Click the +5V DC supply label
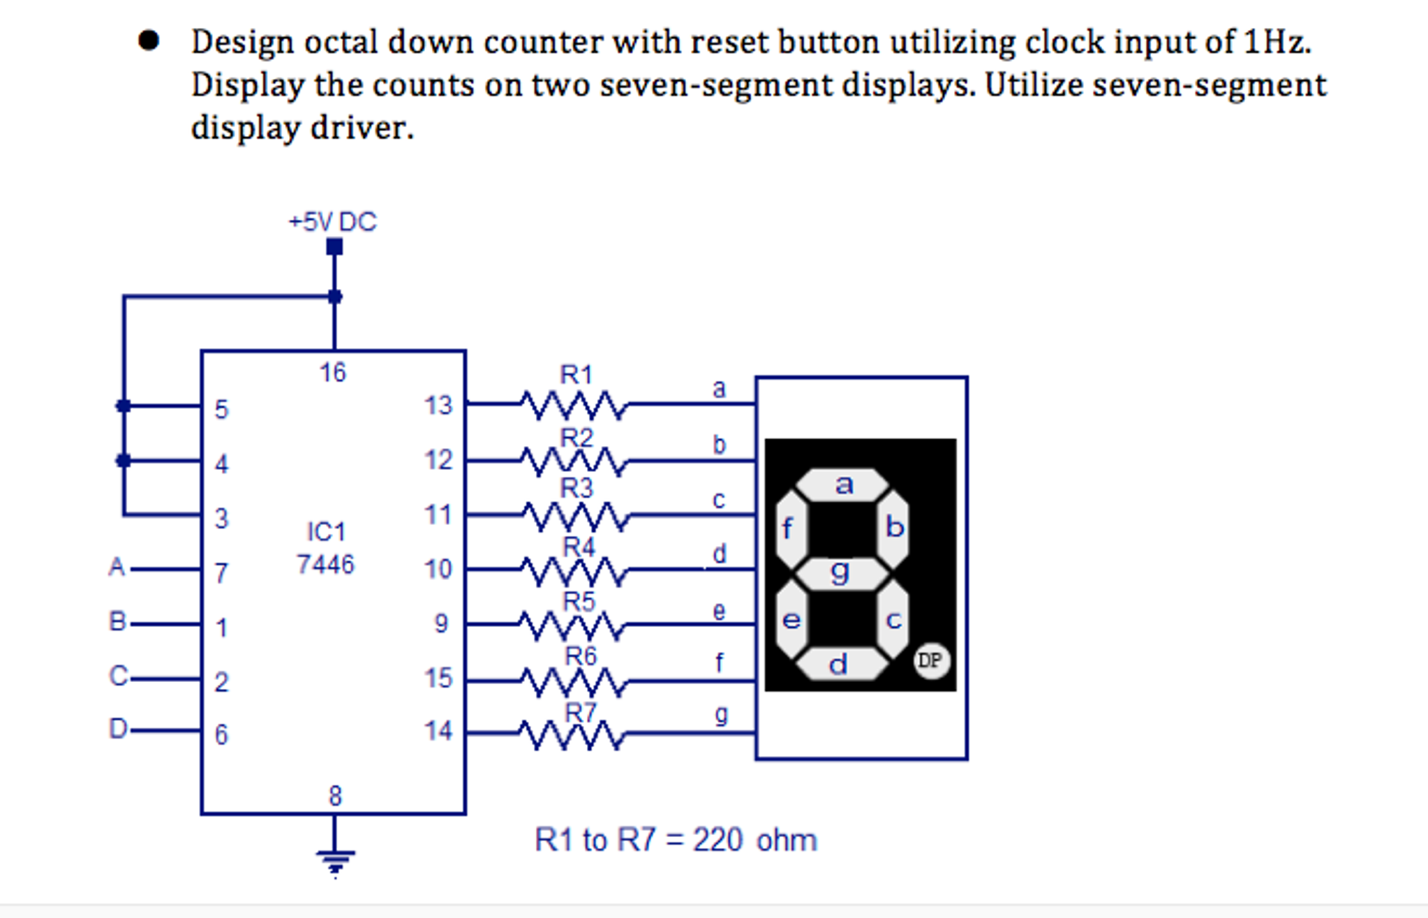click(x=332, y=222)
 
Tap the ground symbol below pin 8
click(x=335, y=859)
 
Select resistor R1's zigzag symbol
click(x=574, y=405)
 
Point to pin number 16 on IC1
click(x=333, y=373)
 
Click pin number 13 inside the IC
click(x=438, y=406)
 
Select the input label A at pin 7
click(x=117, y=567)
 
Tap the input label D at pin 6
click(x=118, y=729)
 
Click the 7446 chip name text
click(x=325, y=564)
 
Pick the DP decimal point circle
click(x=931, y=660)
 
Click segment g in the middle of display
click(x=841, y=573)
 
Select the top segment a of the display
click(x=843, y=484)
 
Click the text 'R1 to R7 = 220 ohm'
click(x=675, y=840)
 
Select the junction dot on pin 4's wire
click(x=124, y=461)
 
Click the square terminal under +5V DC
click(x=334, y=246)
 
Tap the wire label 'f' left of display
click(x=719, y=662)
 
